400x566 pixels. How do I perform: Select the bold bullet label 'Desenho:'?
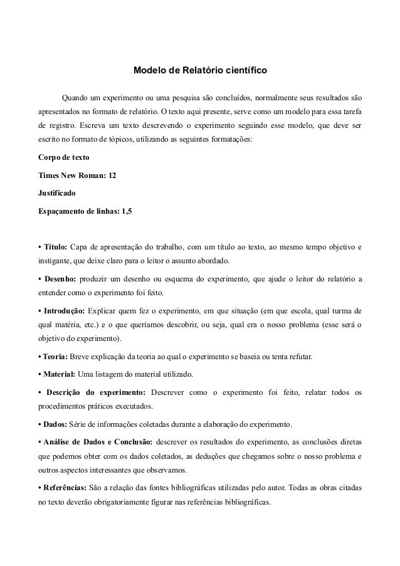pyautogui.click(x=58, y=278)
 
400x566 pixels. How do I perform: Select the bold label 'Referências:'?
pyautogui.click(x=65, y=488)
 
